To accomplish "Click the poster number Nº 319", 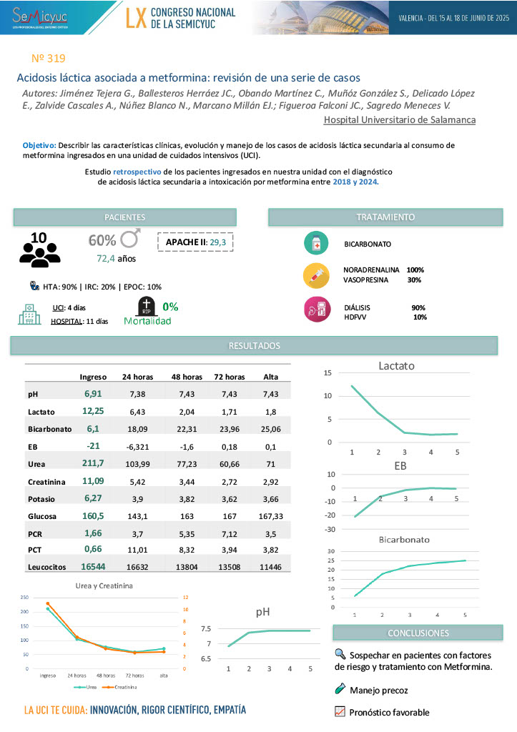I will click(49, 58).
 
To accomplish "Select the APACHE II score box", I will click(195, 242).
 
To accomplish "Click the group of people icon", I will click(39, 249).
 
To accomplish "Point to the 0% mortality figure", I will click(170, 307).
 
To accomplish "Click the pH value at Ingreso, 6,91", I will click(93, 393).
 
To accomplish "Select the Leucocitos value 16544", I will click(93, 566).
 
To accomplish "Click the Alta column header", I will click(271, 376).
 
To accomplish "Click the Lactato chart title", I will click(396, 366).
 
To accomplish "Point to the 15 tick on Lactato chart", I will click(328, 372).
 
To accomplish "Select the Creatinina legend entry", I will click(121, 687).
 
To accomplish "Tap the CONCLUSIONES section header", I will click(418, 633).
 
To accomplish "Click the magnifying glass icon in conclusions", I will click(340, 653).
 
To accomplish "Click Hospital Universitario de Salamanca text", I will click(399, 119).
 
